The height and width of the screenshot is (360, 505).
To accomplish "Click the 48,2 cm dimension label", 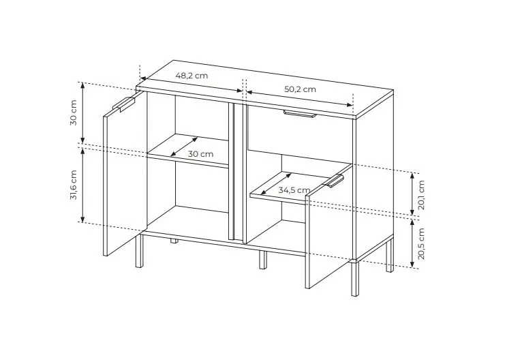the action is coord(192,76).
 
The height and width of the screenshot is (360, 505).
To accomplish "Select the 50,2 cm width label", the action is coord(300,89).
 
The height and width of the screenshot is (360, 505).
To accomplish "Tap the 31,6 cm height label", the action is coord(74,185).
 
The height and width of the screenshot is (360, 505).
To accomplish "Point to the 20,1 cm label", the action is coord(422,195).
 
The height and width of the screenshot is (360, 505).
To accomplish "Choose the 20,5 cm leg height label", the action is coord(422,243).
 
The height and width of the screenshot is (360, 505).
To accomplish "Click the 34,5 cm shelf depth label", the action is coord(294,190).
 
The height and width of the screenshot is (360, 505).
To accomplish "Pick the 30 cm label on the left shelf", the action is coord(200,154).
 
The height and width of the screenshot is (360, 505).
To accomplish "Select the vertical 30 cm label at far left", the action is coord(74,112).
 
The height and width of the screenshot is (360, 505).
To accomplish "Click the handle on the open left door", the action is coord(124,104).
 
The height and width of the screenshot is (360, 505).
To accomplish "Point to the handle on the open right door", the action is coord(334,181).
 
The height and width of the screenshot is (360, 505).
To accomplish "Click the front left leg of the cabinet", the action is coord(139,251).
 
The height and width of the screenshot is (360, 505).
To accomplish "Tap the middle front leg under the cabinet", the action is coord(263,260).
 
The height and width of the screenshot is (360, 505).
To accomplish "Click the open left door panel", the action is coord(125,173).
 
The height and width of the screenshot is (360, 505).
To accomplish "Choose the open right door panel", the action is coord(329,226).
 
